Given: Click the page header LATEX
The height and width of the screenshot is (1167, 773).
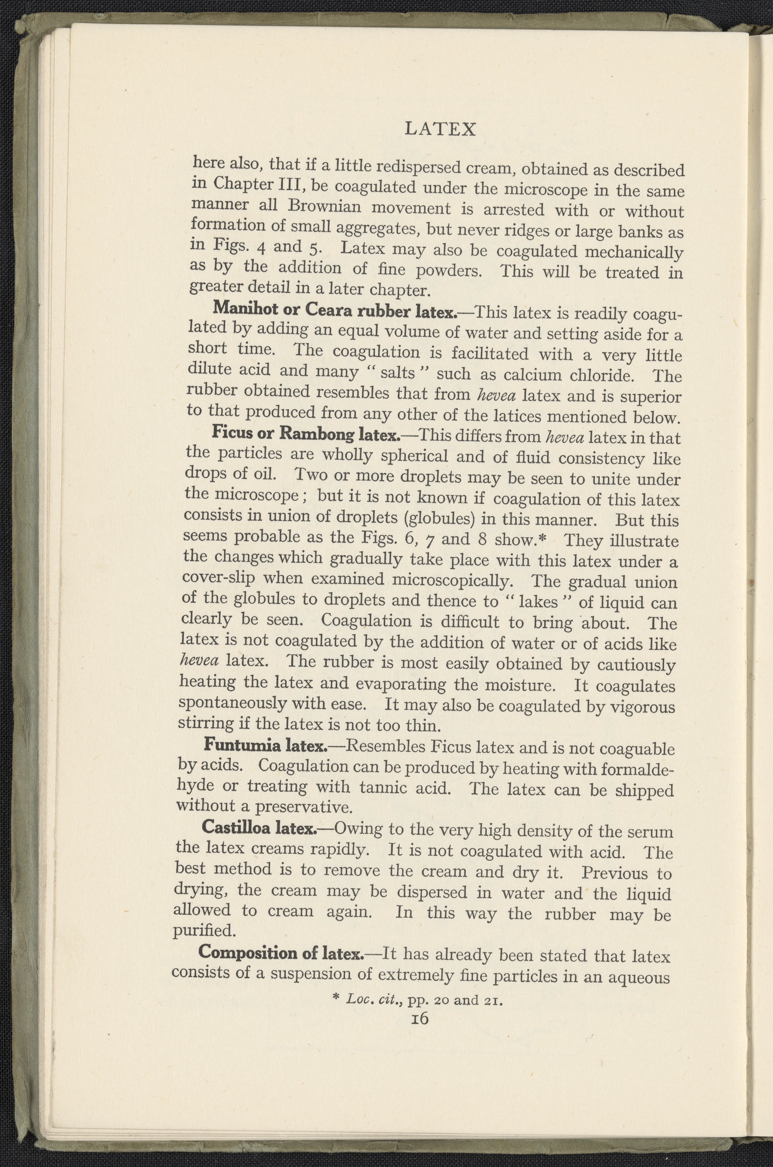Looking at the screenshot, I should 440,129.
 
